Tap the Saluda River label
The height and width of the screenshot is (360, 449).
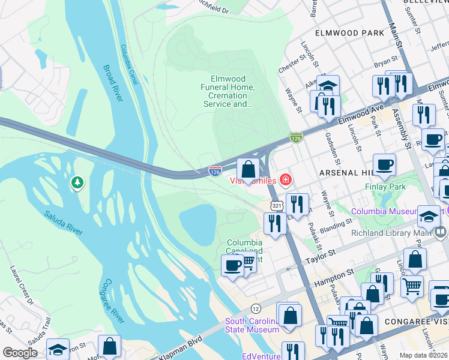pos(62,222)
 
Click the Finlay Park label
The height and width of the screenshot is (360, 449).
pos(385,187)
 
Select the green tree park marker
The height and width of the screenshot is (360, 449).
pos(76,182)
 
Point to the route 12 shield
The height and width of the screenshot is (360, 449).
pos(256,308)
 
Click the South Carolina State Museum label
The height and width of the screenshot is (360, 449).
pos(252,325)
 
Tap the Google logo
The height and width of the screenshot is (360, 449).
pos(20,352)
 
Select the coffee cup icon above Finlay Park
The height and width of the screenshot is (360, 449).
pos(384,164)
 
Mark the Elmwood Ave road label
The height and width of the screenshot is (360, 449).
pos(368,112)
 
